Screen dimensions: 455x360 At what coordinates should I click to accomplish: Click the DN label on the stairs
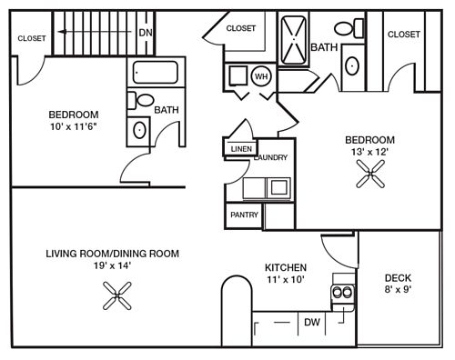click(146, 33)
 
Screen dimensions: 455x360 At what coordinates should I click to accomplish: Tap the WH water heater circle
click(261, 76)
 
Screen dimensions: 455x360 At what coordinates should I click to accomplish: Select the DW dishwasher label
click(312, 322)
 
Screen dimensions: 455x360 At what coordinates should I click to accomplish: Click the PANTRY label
click(244, 215)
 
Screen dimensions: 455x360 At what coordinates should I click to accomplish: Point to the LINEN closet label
click(241, 149)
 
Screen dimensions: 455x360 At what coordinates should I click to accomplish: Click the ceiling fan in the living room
click(117, 295)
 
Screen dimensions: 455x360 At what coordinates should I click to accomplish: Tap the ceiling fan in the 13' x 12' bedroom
click(370, 174)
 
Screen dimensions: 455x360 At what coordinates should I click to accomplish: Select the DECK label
click(398, 278)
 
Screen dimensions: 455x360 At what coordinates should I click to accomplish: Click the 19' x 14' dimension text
click(112, 265)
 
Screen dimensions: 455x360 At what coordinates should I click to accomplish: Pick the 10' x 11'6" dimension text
click(74, 126)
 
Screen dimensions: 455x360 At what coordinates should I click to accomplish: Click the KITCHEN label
click(286, 267)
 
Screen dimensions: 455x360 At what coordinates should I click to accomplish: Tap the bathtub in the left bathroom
click(156, 72)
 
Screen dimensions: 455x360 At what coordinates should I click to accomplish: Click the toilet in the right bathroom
click(349, 28)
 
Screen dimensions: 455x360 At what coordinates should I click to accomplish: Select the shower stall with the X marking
click(293, 40)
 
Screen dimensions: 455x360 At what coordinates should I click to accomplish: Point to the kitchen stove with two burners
click(343, 293)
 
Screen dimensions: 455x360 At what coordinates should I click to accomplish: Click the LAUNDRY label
click(270, 157)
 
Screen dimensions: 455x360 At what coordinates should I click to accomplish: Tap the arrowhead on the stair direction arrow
click(62, 32)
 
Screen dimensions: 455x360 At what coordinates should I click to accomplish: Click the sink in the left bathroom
click(139, 130)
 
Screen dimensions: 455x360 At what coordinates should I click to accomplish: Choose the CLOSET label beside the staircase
click(32, 38)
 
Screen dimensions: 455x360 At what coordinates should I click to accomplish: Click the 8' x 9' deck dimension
click(398, 289)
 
